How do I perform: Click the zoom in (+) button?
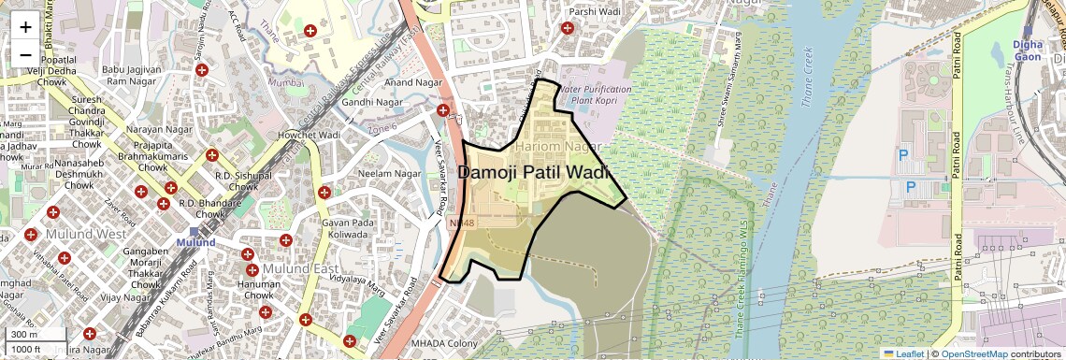[x=25, y=27]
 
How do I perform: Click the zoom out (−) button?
[x=25, y=53]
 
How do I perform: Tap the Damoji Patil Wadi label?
[x=533, y=173]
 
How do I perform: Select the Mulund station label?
[x=197, y=243]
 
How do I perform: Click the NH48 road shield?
[x=461, y=223]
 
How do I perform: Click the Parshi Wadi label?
[x=595, y=11]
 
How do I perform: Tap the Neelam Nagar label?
[x=390, y=174]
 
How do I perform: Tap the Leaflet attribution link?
[x=903, y=353]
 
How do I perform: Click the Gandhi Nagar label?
[x=370, y=101]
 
